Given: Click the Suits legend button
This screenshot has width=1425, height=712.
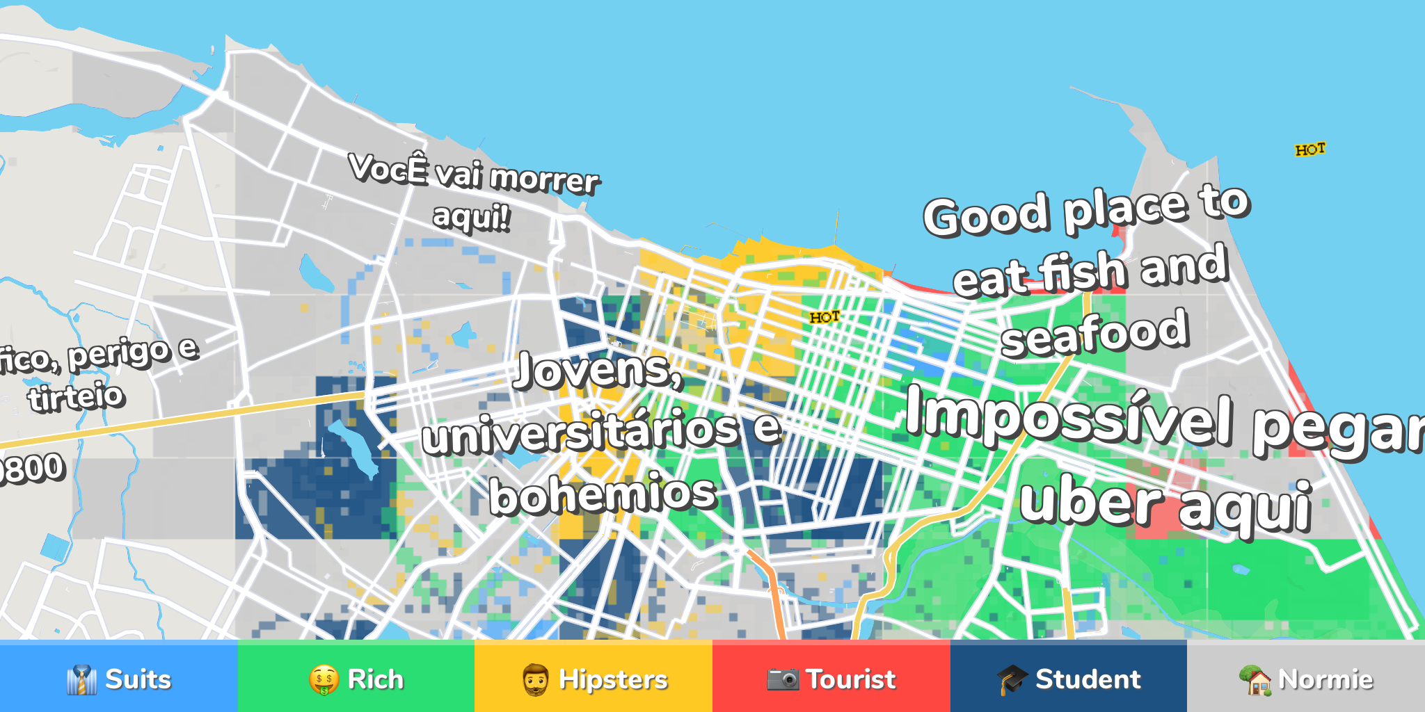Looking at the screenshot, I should [x=119, y=679].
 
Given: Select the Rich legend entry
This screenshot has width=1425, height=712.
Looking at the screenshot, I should [x=356, y=679].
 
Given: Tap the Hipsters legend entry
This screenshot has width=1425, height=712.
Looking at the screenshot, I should [x=594, y=679].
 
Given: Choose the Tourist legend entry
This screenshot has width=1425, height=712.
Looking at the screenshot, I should [x=831, y=679].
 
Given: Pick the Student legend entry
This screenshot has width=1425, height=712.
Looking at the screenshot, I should [x=1069, y=679].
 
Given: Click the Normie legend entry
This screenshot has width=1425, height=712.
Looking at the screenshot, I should [x=1306, y=679].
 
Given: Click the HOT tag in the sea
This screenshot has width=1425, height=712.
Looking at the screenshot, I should [x=1310, y=149].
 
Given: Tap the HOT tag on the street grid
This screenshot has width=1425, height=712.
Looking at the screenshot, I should [x=825, y=318].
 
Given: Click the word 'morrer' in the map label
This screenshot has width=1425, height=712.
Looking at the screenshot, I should [x=544, y=179].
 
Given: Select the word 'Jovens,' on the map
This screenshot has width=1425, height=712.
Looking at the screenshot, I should [x=598, y=370].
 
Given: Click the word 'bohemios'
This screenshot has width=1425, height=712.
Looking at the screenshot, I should [x=603, y=494].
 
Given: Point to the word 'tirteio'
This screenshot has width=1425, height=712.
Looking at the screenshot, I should [x=77, y=397].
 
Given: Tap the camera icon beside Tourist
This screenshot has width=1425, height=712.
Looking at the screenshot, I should [x=783, y=679].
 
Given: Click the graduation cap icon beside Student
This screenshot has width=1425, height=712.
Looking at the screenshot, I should [x=1012, y=679].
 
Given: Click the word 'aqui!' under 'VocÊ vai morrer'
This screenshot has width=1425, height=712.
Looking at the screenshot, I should [x=471, y=217].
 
